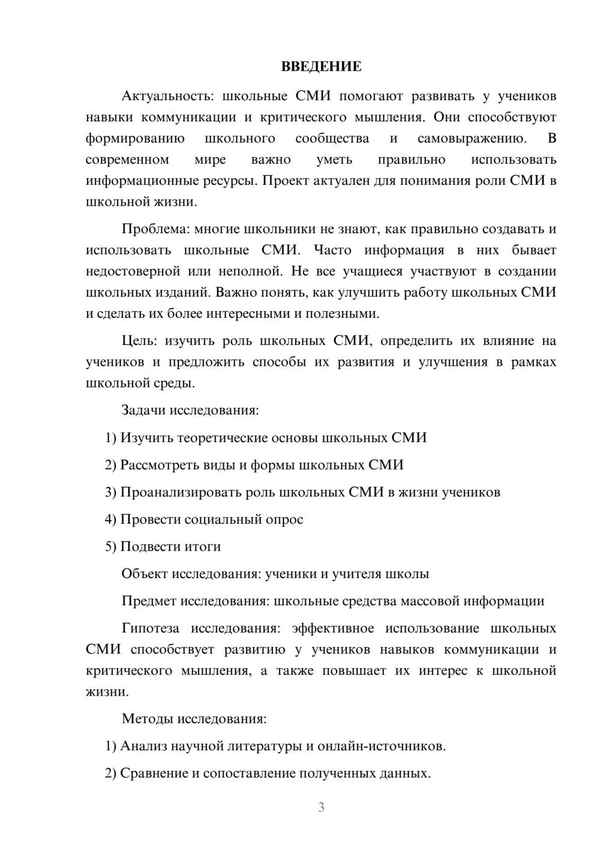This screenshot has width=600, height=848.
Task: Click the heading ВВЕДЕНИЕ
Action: (x=321, y=67)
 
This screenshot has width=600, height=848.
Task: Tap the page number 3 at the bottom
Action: (x=321, y=807)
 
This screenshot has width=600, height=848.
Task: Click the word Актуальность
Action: (x=167, y=96)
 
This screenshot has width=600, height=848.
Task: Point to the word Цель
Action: (x=139, y=341)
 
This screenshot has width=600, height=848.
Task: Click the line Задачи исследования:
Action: (x=190, y=410)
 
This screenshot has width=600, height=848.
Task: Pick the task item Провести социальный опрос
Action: (x=212, y=519)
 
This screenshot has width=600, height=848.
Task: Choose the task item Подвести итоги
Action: (x=170, y=546)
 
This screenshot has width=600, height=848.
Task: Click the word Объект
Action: (x=145, y=573)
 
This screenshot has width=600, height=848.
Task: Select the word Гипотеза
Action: (x=150, y=629)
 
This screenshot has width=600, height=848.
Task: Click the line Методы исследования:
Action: (x=194, y=718)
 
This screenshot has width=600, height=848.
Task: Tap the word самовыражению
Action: (x=472, y=139)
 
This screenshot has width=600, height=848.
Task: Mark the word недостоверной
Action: (x=133, y=271)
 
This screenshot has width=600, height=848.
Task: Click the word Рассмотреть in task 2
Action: (x=160, y=465)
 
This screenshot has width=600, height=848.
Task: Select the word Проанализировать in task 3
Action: (x=181, y=492)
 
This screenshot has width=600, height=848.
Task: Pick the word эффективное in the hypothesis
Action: (x=332, y=629)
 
